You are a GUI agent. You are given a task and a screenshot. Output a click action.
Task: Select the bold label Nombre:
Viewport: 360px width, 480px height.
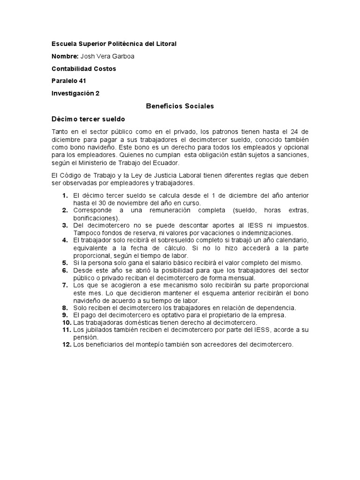coord(65,56)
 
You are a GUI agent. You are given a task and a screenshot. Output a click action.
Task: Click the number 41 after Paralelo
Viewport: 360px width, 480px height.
coord(82,81)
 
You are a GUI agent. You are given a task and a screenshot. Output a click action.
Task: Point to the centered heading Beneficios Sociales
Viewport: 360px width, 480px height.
coord(180,106)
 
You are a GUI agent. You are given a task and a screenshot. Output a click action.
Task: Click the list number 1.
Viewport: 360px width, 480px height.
coord(65,195)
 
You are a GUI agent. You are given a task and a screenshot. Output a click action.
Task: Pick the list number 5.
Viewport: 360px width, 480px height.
coord(65,262)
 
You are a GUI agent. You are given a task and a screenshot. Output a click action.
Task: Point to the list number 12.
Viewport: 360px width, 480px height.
coord(66,344)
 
